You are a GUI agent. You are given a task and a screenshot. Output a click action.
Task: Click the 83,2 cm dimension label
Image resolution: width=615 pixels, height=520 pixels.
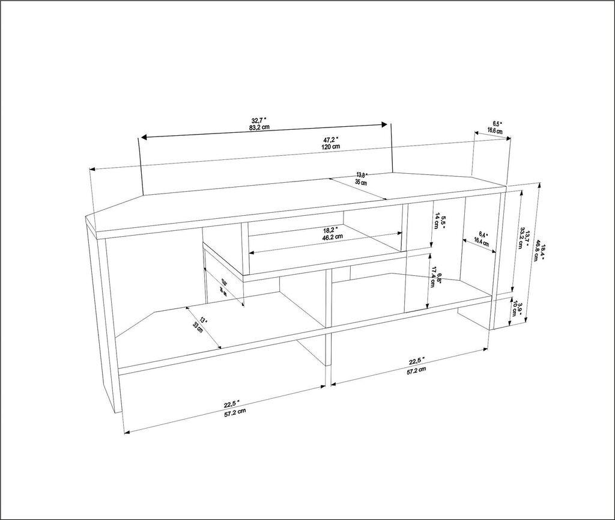[x=259, y=127]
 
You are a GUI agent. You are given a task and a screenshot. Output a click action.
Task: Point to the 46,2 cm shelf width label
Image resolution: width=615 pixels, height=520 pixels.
[x=332, y=237]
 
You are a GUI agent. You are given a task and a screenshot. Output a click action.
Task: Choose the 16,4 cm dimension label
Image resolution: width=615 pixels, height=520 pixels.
[x=483, y=241]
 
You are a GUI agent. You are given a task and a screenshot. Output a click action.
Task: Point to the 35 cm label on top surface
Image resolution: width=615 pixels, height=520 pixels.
[x=361, y=182]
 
